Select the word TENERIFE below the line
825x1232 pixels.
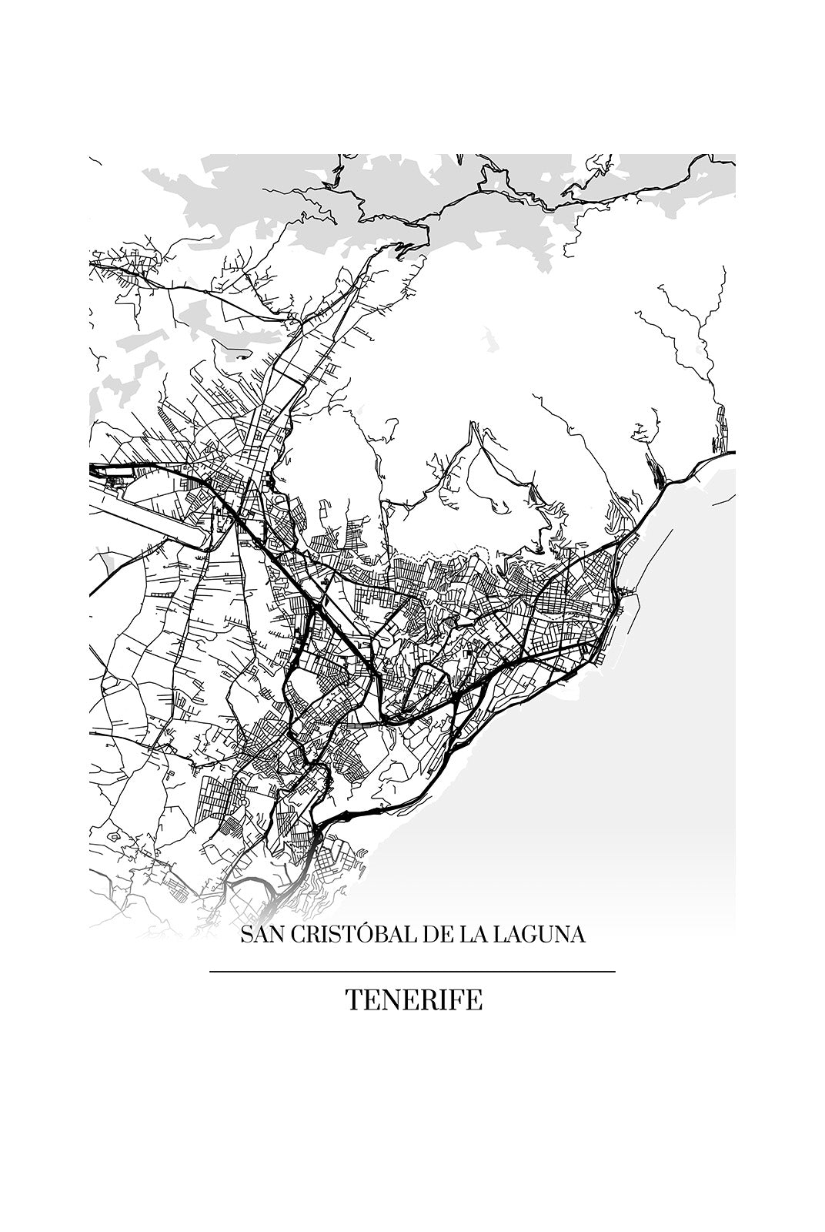(x=413, y=1000)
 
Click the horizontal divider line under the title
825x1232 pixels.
(x=412, y=972)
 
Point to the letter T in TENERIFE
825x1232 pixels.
(x=353, y=1000)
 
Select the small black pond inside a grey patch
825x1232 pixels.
(x=243, y=357)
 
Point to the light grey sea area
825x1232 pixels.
(x=616, y=770)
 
